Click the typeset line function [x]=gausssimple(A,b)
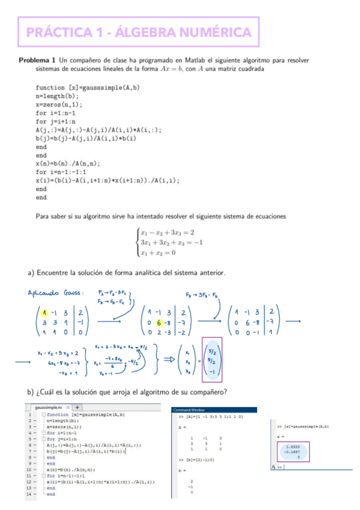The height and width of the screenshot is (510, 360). click(88, 87)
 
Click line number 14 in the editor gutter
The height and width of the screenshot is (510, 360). click(29, 494)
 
